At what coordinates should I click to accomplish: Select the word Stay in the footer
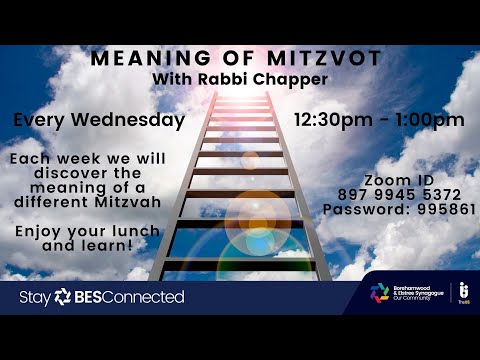pos(34,297)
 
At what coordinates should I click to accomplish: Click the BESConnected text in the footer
pos(130,297)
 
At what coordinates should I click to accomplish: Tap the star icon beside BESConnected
pos(63,297)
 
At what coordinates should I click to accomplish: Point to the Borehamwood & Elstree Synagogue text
pos(420,291)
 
